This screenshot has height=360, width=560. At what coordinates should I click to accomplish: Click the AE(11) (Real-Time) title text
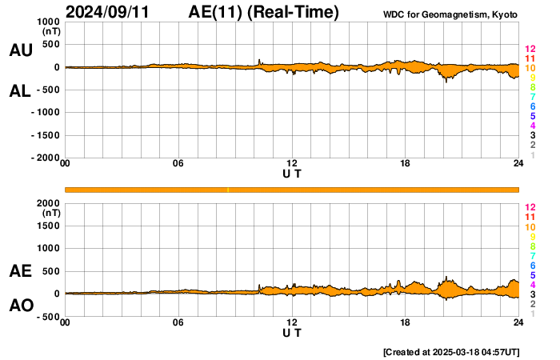click(x=265, y=12)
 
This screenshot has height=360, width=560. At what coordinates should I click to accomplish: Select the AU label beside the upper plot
click(x=21, y=50)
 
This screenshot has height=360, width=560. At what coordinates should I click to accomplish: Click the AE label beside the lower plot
click(x=21, y=271)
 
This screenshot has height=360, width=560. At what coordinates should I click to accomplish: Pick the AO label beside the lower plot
click(x=21, y=306)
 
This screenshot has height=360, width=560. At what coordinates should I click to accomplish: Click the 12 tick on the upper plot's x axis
click(x=292, y=164)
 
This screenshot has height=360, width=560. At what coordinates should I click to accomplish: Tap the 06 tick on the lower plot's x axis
click(x=178, y=322)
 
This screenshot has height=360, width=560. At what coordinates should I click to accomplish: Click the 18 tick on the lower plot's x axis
click(x=406, y=322)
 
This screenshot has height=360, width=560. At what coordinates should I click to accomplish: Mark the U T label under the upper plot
click(x=292, y=174)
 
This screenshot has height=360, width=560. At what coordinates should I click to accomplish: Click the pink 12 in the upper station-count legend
click(x=530, y=49)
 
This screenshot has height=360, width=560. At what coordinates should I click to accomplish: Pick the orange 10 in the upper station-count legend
click(x=530, y=68)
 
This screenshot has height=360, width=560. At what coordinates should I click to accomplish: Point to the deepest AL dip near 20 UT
click(x=446, y=81)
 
